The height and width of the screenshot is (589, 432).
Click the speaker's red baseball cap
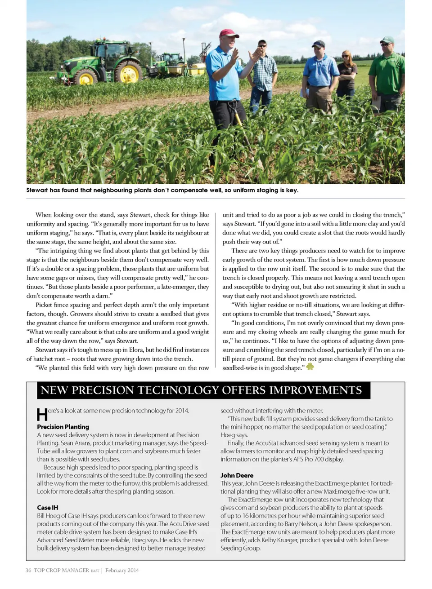229,33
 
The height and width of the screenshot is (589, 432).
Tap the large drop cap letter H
42,414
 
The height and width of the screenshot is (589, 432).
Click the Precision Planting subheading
63,427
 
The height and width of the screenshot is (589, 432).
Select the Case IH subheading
47,508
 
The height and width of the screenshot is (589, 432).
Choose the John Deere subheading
237,475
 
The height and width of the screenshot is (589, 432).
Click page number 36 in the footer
28,571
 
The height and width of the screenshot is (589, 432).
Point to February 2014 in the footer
122,571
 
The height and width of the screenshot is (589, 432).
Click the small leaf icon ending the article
310,367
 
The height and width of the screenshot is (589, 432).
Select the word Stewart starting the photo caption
37,190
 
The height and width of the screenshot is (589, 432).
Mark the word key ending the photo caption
292,190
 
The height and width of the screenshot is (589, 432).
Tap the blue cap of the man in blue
319,44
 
